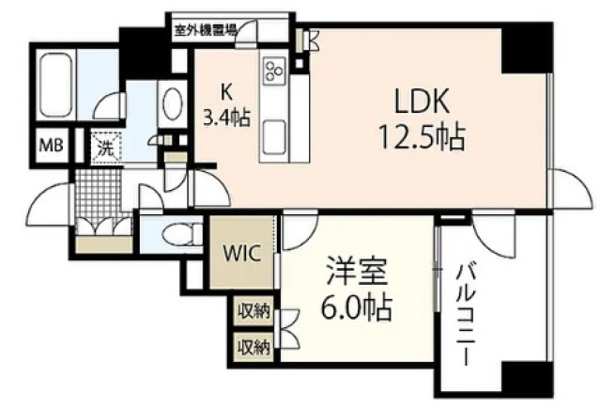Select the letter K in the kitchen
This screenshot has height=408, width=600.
click(x=225, y=92)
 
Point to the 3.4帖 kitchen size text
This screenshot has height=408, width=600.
click(x=225, y=118)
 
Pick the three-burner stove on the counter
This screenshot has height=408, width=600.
click(x=276, y=71)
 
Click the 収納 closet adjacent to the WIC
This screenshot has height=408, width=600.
click(x=253, y=311)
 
